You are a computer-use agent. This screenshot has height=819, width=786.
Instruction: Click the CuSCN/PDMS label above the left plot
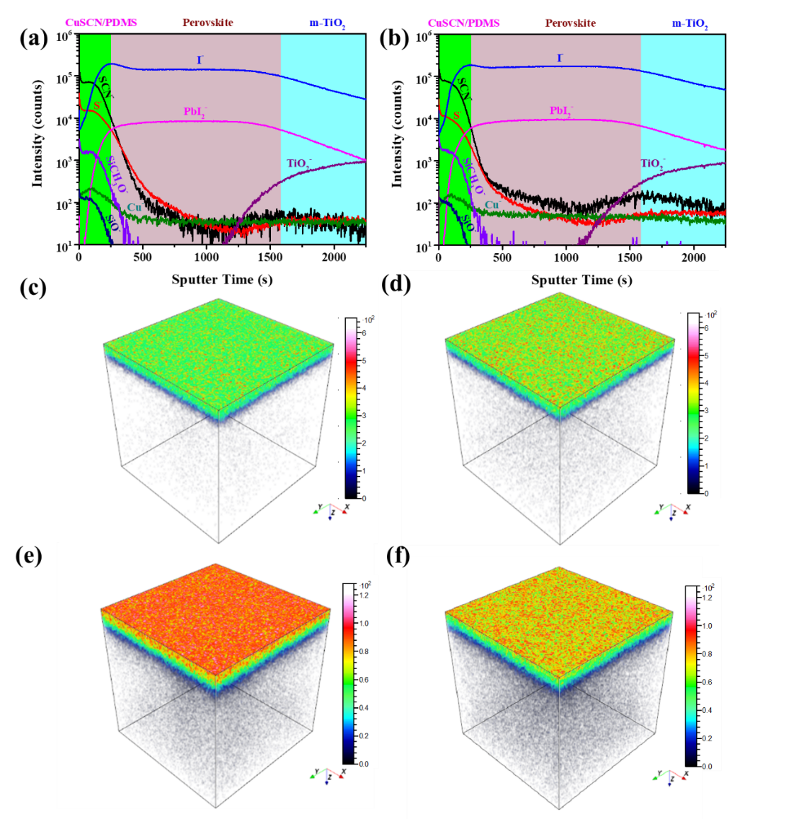(101, 23)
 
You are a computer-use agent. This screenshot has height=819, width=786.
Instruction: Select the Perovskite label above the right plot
(570, 23)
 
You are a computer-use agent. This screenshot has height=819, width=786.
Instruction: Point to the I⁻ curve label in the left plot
(200, 60)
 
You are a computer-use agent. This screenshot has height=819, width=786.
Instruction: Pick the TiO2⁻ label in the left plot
(299, 163)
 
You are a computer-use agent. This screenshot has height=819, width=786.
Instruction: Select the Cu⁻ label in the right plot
(494, 205)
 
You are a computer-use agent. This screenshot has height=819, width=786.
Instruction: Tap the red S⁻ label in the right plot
(457, 114)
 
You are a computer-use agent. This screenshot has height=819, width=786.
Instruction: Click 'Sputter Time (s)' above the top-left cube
(221, 280)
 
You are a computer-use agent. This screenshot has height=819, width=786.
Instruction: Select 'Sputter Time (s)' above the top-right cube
(582, 281)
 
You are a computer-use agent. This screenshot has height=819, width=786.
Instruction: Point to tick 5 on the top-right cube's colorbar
(706, 356)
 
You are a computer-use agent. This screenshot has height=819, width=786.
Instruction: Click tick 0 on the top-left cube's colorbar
(364, 498)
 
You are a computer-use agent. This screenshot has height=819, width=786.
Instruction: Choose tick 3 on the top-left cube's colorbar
(364, 415)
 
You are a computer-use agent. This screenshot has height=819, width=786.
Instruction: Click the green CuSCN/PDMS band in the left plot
(96, 141)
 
